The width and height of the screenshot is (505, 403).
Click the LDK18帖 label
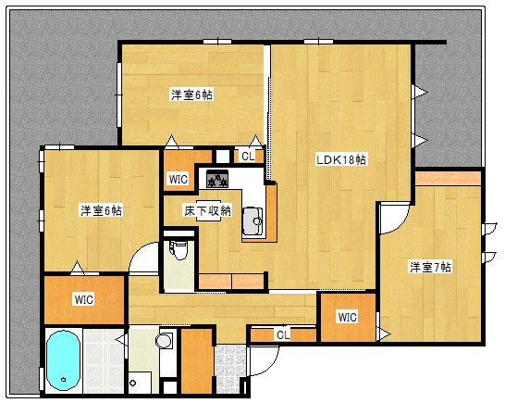tap(341, 159)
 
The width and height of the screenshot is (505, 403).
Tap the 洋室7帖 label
tap(431, 267)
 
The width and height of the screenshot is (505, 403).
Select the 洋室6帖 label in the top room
tap(191, 94)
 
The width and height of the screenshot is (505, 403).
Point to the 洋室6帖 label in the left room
tap(101, 210)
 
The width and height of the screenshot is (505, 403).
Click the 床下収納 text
tap(206, 210)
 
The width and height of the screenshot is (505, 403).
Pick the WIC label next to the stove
tap(178, 179)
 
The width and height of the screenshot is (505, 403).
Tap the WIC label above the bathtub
tap(84, 299)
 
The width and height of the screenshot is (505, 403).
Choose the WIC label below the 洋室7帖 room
tap(347, 318)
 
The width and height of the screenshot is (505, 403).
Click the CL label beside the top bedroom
tap(248, 157)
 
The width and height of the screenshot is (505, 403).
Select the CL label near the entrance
tap(282, 334)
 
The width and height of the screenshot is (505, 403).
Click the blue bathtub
tap(63, 359)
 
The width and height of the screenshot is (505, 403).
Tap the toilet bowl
tap(179, 248)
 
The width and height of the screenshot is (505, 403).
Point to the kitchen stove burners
tap(218, 179)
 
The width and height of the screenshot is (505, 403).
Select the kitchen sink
tap(252, 220)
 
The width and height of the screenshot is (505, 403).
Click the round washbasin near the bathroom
tap(165, 341)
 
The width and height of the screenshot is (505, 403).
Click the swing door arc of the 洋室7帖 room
tap(388, 219)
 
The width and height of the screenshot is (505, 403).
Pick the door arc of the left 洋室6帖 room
tap(144, 258)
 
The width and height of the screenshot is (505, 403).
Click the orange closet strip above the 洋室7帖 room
tap(448, 177)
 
